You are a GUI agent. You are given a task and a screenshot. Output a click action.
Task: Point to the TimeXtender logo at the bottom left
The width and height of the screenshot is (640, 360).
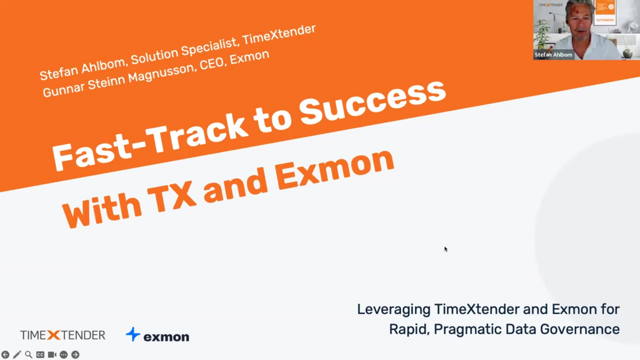click(63, 335)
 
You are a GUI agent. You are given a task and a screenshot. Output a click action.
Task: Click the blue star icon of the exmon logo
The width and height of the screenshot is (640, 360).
click(133, 334)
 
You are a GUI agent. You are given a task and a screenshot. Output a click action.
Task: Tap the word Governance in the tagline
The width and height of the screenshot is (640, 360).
click(580, 329)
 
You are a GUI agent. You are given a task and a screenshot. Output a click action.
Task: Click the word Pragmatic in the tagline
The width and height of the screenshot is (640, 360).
click(468, 330)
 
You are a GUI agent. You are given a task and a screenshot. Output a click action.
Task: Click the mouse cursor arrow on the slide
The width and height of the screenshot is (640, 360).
click(446, 249)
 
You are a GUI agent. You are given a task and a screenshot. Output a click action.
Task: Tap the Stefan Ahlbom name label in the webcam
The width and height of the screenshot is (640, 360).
click(553, 55)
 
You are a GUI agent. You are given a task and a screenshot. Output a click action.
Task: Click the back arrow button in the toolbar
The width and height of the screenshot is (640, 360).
click(5, 355)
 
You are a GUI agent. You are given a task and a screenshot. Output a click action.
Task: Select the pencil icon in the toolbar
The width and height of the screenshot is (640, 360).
click(17, 355)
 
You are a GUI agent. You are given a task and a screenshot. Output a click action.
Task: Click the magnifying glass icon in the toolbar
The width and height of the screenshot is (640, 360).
click(29, 355)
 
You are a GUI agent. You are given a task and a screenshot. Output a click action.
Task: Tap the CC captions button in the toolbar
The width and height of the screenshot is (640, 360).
click(40, 355)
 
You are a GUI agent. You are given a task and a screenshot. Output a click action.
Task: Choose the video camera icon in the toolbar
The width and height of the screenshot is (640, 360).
click(52, 355)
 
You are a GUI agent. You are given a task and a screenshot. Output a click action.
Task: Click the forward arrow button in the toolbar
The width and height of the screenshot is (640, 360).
click(75, 355)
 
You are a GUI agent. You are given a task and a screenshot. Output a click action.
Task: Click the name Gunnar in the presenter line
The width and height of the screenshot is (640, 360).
click(64, 90)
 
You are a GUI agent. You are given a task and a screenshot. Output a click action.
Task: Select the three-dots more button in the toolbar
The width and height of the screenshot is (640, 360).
click(64, 355)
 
